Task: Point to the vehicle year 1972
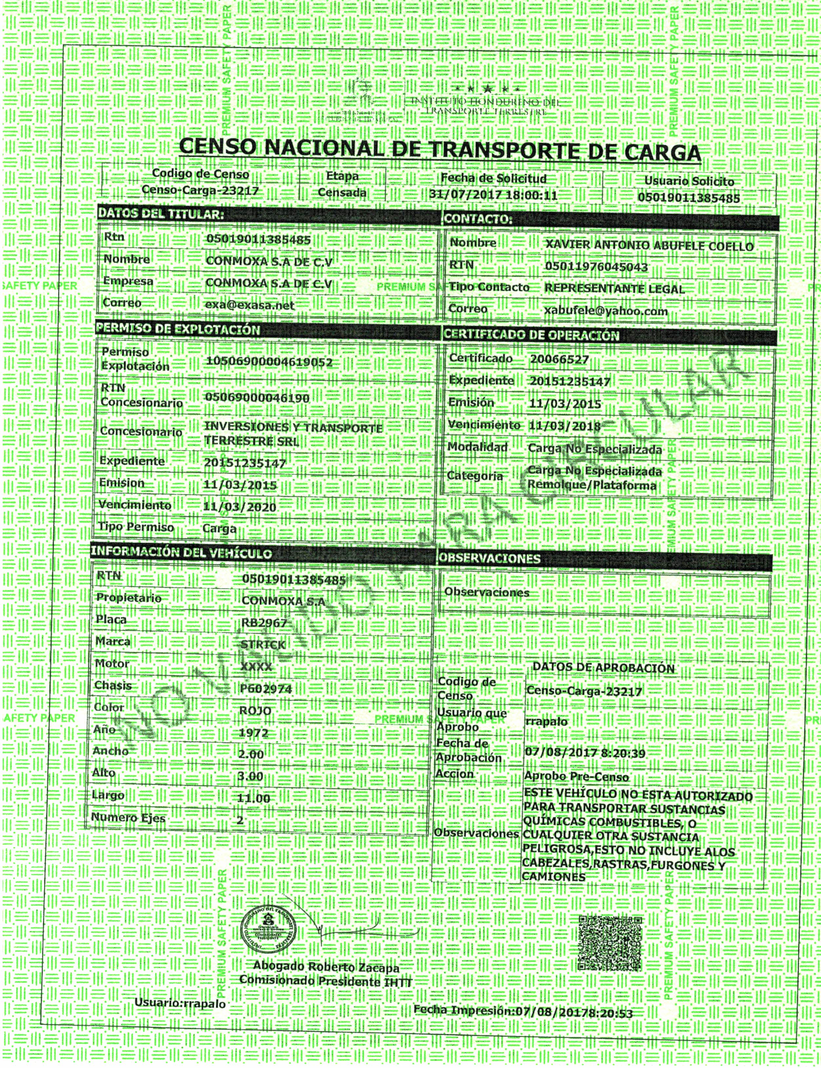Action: [x=254, y=733]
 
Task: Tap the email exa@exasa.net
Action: [x=250, y=305]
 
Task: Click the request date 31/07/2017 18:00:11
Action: [x=493, y=195]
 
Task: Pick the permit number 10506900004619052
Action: [x=269, y=362]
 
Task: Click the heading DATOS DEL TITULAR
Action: [x=161, y=213]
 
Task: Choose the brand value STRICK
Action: [x=263, y=645]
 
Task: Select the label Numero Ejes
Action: [x=128, y=818]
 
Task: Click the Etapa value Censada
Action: [x=342, y=192]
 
